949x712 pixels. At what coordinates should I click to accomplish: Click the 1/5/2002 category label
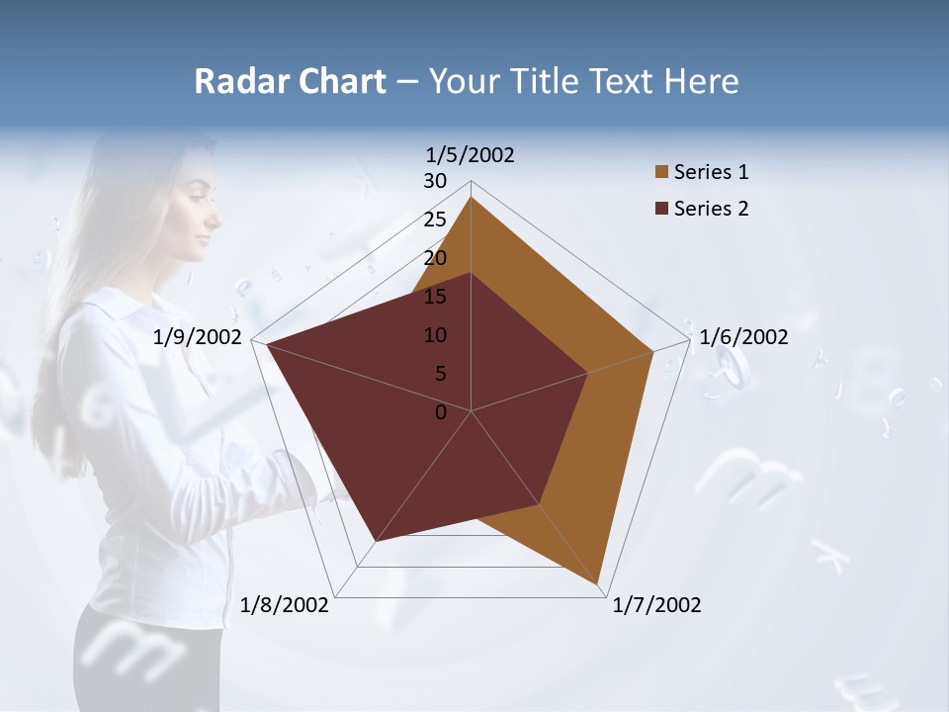[x=471, y=155]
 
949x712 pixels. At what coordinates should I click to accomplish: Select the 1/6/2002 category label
[x=743, y=337]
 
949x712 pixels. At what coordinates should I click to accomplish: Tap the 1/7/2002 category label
[x=656, y=605]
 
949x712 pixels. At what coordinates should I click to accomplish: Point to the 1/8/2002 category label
[x=285, y=605]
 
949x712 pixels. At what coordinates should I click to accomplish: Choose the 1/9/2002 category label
[x=198, y=337]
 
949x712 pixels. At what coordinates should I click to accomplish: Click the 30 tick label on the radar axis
[x=435, y=181]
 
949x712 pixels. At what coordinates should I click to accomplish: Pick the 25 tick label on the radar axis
[x=435, y=220]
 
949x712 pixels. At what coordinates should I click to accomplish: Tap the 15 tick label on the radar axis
[x=435, y=297]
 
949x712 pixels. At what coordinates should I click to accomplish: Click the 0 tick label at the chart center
[x=441, y=412]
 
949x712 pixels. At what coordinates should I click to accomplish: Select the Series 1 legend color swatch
[x=661, y=172]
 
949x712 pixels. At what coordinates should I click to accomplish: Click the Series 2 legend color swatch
[x=661, y=208]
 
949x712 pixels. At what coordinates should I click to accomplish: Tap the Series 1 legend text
[x=711, y=172]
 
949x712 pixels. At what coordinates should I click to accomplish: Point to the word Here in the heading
[x=701, y=81]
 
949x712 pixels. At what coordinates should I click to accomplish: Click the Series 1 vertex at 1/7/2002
[x=598, y=585]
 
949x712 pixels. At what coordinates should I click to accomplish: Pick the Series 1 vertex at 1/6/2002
[x=653, y=351]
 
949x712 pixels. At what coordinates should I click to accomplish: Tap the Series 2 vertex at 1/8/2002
[x=375, y=542]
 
